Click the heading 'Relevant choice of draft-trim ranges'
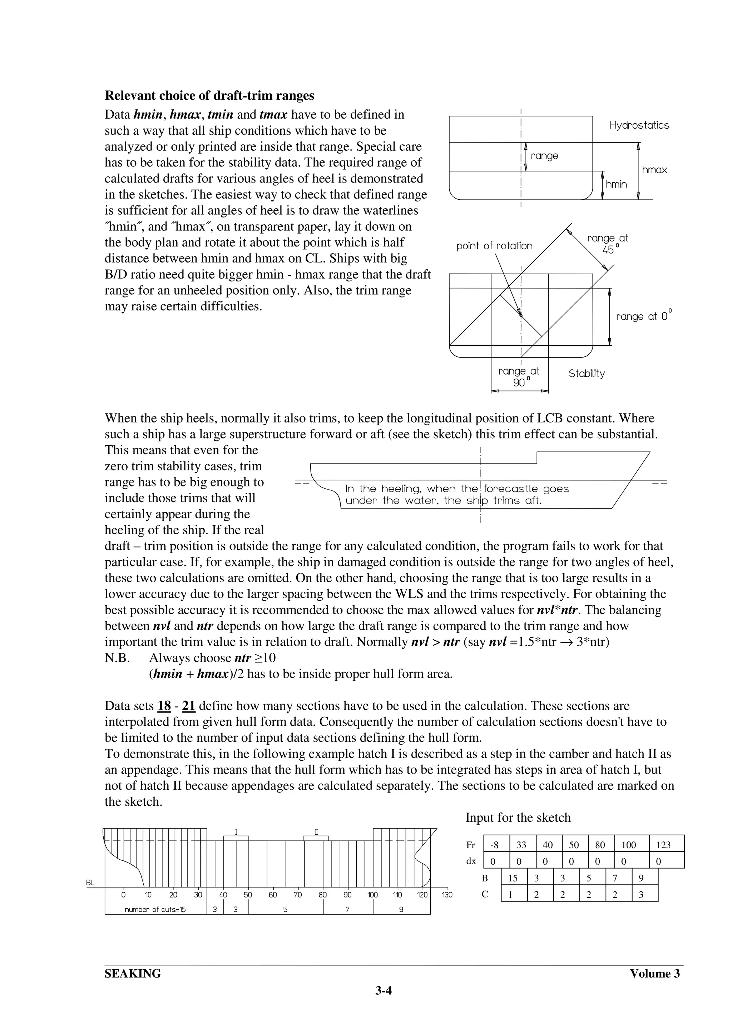(209, 96)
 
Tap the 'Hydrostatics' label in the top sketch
(639, 125)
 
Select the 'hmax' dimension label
(654, 170)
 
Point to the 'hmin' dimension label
(616, 184)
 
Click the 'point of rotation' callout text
(494, 246)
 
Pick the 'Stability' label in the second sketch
(586, 373)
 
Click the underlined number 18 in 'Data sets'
(164, 706)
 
